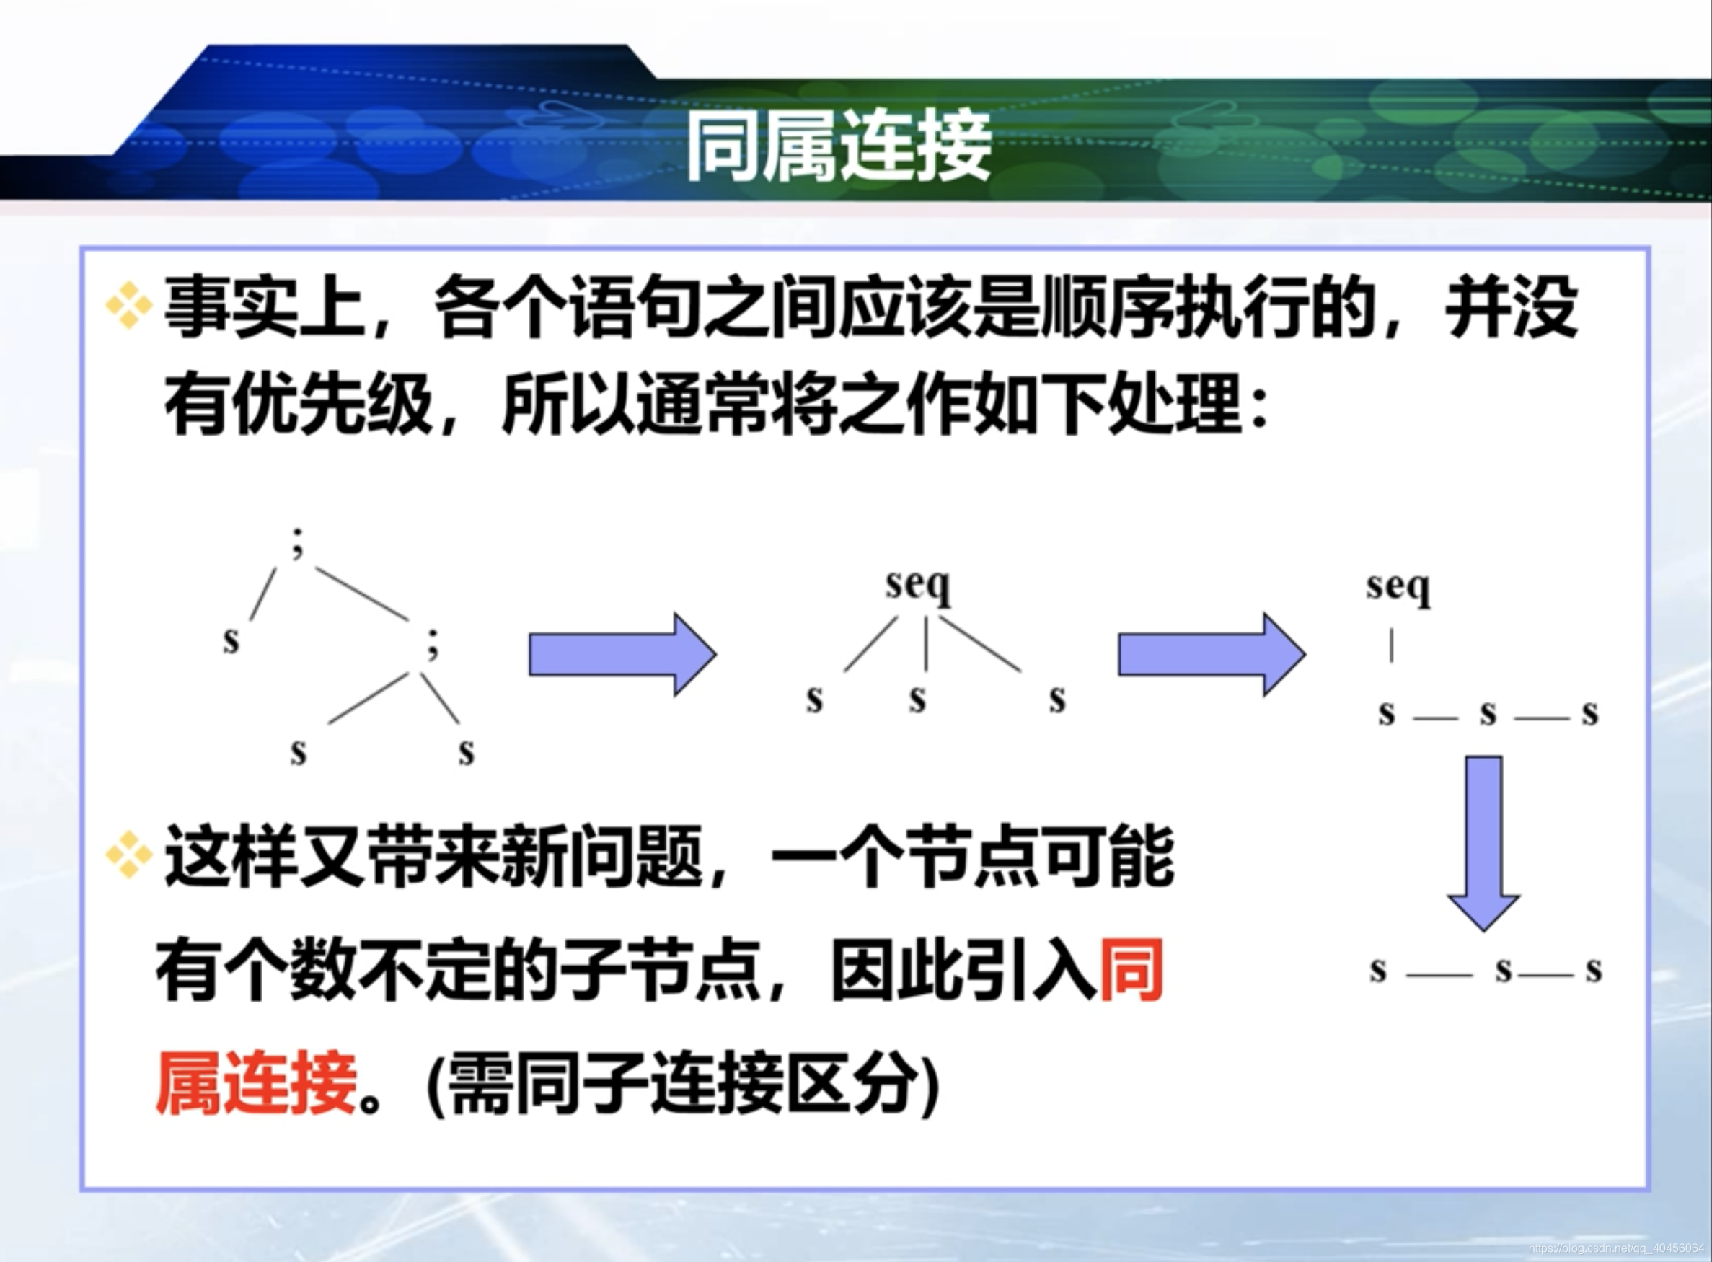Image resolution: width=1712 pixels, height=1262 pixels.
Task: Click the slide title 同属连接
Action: pos(839,145)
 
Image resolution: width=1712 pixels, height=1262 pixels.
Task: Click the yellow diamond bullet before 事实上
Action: pos(129,306)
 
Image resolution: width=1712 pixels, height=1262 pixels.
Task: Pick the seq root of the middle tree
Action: pos(918,586)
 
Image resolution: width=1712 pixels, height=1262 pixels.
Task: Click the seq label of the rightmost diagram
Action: pos(1398,588)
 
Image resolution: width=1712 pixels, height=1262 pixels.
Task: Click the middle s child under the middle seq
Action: pos(917,700)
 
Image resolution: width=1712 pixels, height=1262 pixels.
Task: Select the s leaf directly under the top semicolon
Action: pos(231,640)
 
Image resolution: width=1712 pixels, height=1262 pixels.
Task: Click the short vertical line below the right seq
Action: pos(1391,645)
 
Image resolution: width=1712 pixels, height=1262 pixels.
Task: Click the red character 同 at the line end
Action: pos(1131,970)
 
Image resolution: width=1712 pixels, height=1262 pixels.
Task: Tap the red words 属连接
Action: pos(257,1082)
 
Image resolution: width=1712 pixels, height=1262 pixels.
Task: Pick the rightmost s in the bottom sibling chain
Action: pos(1593,970)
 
